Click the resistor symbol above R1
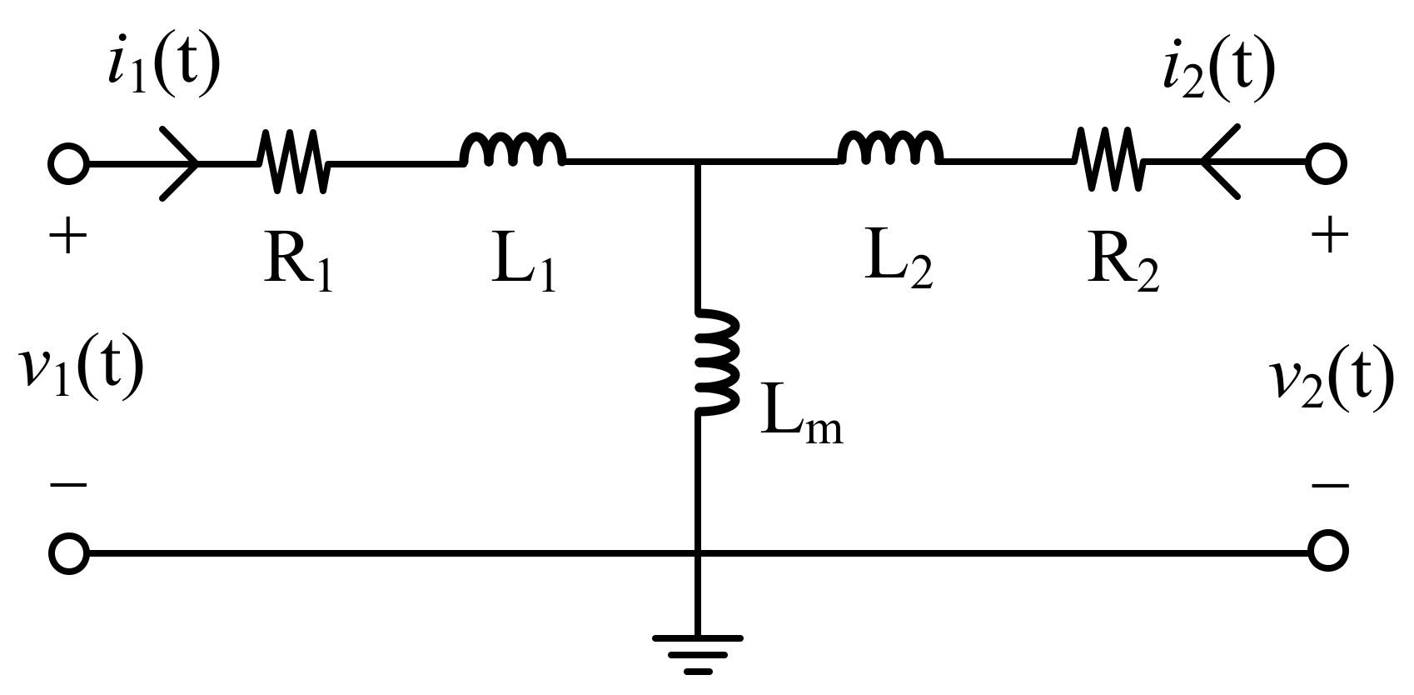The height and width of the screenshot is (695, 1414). point(293,162)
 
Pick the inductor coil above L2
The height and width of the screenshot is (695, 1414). point(890,150)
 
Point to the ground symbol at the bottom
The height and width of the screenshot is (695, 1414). point(698,653)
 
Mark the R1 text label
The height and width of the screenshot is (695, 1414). point(298,266)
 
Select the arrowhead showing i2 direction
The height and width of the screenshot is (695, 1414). point(1217,162)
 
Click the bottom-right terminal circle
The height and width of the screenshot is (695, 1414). point(1327,552)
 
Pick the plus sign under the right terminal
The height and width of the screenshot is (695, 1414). point(1329,237)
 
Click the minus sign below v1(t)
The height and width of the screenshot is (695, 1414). point(68,484)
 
